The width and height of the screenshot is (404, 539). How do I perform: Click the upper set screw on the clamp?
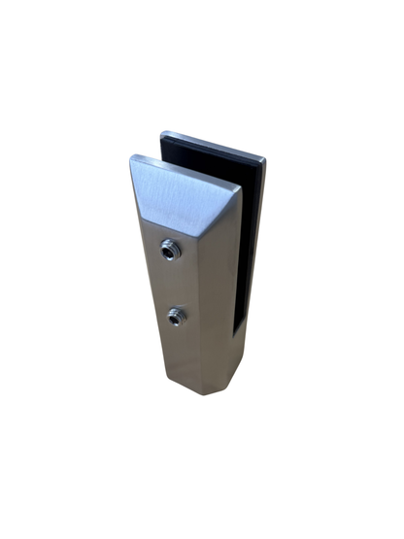(172, 251)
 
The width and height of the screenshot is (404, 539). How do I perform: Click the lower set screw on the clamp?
(176, 316)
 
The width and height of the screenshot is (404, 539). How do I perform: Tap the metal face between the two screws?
(174, 284)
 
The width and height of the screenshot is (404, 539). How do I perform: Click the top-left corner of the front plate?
(131, 156)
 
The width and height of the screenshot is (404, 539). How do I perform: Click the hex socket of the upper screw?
(172, 251)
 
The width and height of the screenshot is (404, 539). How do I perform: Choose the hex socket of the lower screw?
(176, 316)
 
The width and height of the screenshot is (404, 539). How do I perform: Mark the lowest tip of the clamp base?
(209, 395)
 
